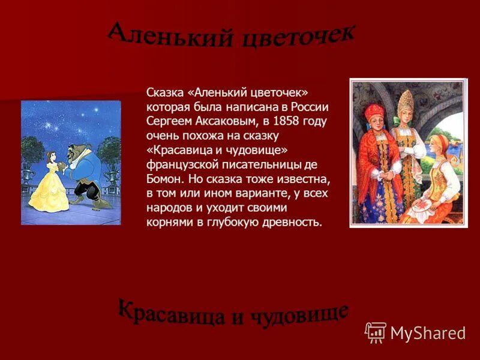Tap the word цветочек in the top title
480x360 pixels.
tap(298, 36)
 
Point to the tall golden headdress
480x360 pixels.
tap(406, 103)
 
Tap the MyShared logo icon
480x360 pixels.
tap(376, 332)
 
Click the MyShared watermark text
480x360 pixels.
tap(428, 333)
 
